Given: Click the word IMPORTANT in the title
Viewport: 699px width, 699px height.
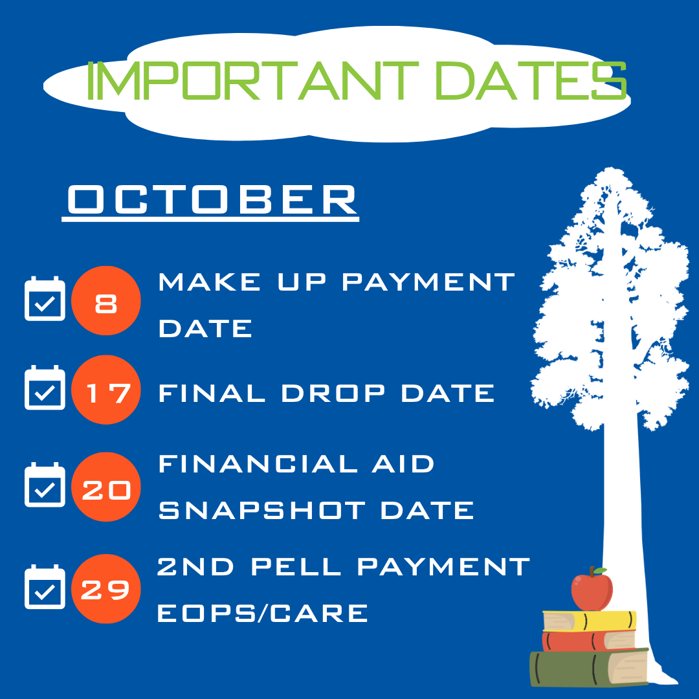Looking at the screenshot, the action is (252, 81).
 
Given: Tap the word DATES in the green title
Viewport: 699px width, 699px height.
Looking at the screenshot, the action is (531, 81).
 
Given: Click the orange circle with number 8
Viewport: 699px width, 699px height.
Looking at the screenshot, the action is (106, 300).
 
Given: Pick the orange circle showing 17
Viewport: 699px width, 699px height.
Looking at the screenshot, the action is (106, 390).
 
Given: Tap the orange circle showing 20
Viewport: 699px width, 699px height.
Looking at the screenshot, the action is (106, 487).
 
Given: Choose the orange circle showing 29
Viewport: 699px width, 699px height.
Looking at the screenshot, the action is (106, 589).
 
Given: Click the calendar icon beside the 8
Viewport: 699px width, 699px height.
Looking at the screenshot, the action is (45, 298).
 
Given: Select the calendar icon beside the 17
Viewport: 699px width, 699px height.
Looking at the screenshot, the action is (45, 388).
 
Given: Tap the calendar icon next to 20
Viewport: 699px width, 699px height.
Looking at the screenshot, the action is (45, 485).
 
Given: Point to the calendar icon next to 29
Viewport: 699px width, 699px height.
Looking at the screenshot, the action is (45, 586).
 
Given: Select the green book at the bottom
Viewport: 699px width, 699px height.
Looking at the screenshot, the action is (589, 668).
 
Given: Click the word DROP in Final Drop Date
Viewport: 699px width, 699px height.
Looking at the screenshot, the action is (333, 394).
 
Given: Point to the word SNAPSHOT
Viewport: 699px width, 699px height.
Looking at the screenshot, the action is (262, 511).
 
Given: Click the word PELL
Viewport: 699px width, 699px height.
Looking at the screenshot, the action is (296, 566).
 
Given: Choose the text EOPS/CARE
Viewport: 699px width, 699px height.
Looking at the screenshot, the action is (263, 613).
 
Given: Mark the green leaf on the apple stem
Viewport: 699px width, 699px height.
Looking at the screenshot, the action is (600, 571).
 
